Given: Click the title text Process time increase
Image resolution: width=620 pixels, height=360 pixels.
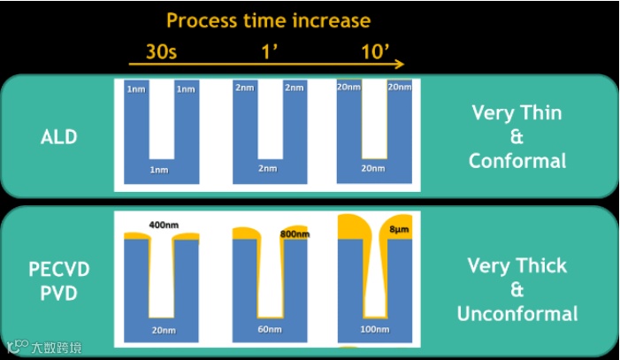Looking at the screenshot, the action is tap(268, 19).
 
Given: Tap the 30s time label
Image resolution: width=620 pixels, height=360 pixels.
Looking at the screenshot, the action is tap(161, 50).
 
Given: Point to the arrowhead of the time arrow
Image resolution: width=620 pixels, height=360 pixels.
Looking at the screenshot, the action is tap(401, 64).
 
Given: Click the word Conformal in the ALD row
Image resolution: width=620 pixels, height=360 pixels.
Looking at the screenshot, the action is tap(517, 161).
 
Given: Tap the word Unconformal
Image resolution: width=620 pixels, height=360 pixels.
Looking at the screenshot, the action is tap(517, 313).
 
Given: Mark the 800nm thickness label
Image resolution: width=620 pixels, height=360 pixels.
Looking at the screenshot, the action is tap(295, 235).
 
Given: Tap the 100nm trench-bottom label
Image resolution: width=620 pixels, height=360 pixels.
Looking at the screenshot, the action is tap(375, 328).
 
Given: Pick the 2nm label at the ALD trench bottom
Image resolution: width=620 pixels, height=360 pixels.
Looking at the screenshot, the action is tap(268, 168).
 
